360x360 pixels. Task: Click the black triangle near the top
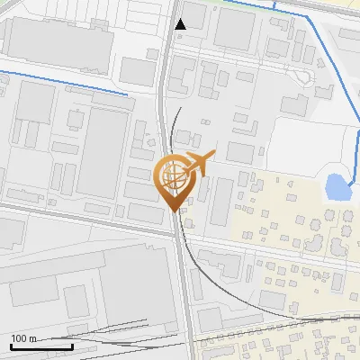[181, 24]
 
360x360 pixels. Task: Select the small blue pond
[336, 187]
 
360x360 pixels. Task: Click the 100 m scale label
[23, 338]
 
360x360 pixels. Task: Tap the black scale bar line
[41, 346]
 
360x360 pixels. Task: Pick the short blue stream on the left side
[63, 82]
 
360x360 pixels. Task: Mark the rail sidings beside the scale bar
[117, 339]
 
